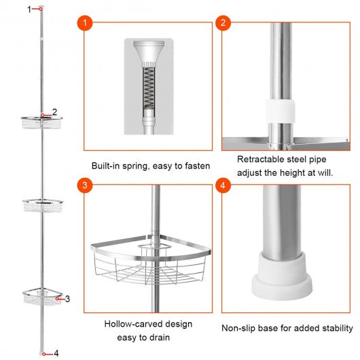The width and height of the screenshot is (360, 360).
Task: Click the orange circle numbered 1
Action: (x=85, y=23)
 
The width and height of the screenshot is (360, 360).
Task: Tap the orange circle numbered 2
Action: (x=223, y=22)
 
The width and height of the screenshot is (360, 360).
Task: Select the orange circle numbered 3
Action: (x=85, y=185)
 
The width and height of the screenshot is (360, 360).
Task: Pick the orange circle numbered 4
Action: (x=223, y=185)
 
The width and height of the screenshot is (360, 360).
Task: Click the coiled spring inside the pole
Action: (x=149, y=88)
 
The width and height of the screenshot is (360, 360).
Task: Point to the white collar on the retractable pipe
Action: (x=281, y=111)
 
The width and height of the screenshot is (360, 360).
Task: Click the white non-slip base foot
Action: (x=282, y=276)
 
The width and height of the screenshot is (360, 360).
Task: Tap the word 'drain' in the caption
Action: (x=160, y=338)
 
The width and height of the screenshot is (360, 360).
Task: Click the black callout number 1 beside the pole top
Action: (x=29, y=10)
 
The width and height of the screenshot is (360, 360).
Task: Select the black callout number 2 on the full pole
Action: (x=54, y=112)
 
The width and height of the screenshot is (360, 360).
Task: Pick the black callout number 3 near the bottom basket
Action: (x=67, y=299)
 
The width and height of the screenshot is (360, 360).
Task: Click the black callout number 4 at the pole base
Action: (x=56, y=353)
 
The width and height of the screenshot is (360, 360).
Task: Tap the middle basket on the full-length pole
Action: (x=43, y=206)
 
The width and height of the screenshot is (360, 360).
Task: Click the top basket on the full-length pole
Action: (x=42, y=122)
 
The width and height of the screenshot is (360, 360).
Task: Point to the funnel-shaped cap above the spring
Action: (x=149, y=52)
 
